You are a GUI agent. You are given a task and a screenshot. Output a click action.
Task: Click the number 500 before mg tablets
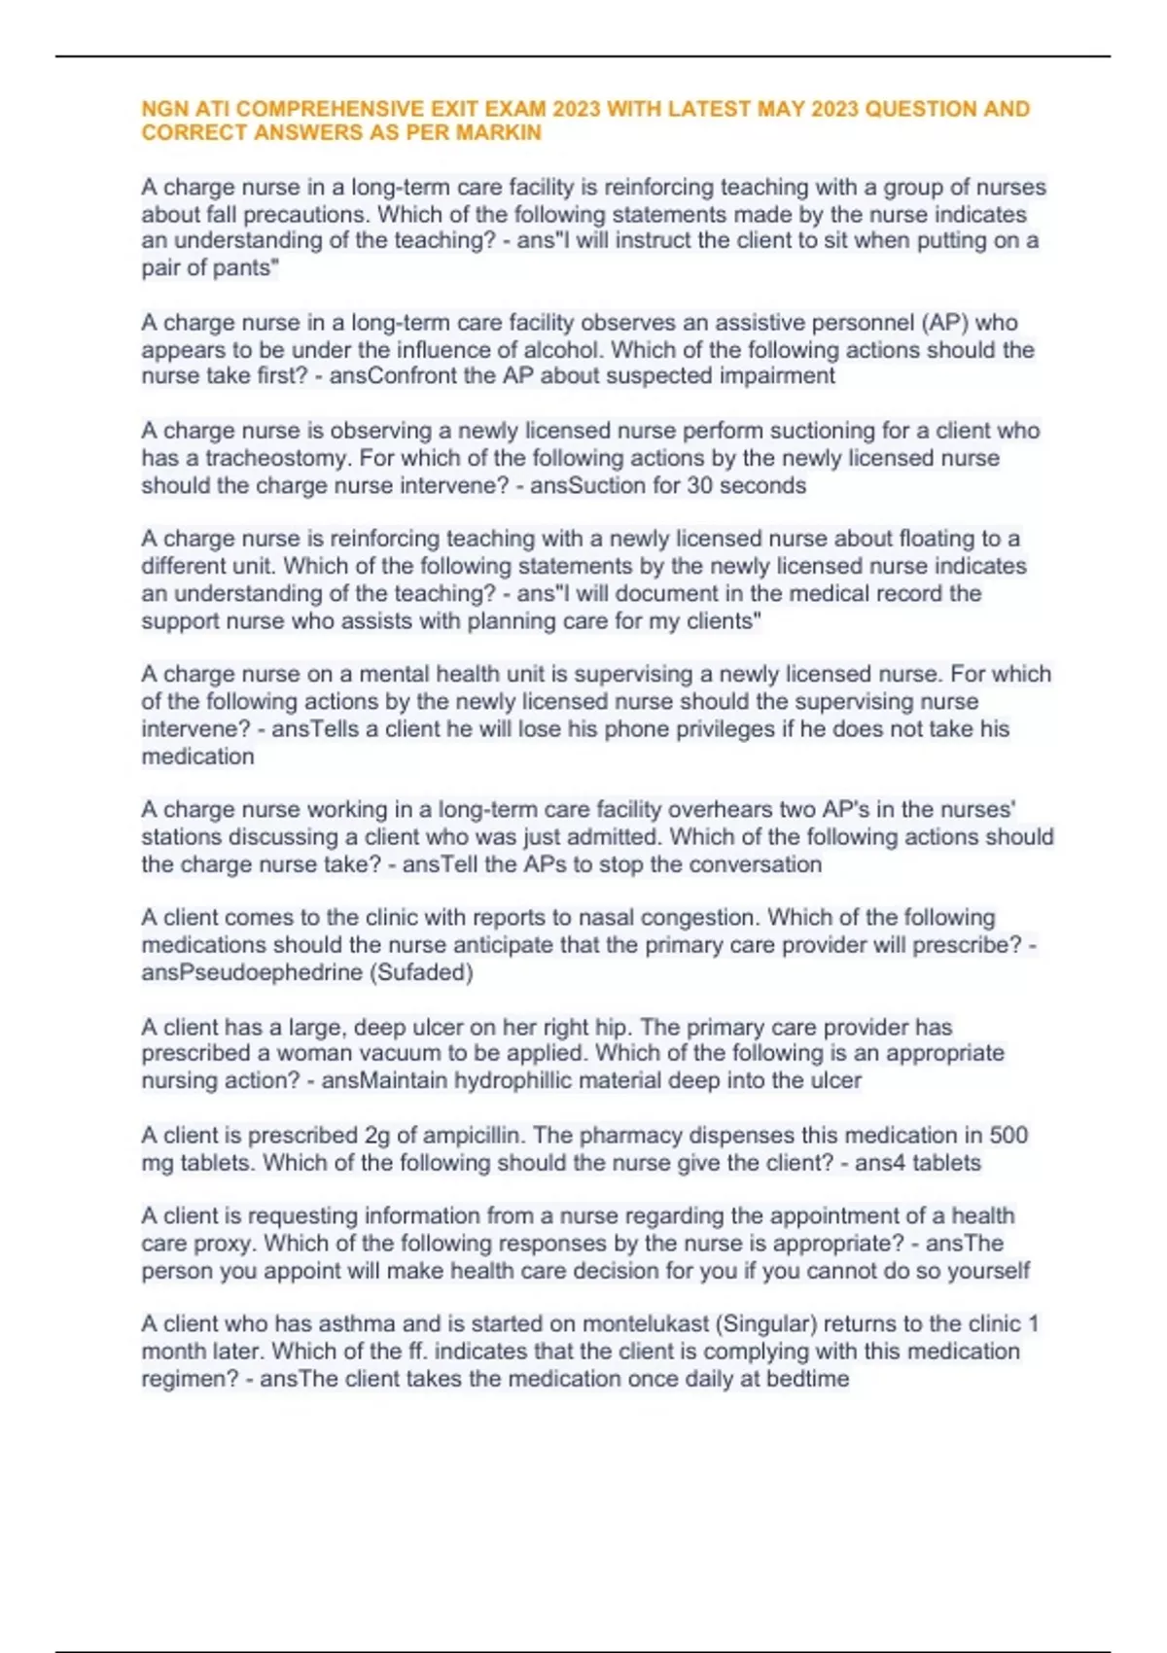point(1008,1135)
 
